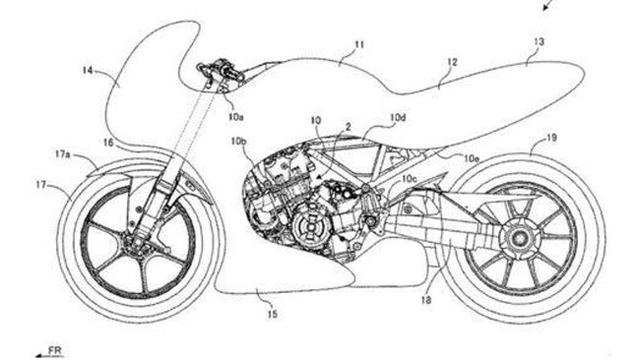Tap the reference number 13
click(539, 43)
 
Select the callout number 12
click(452, 62)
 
